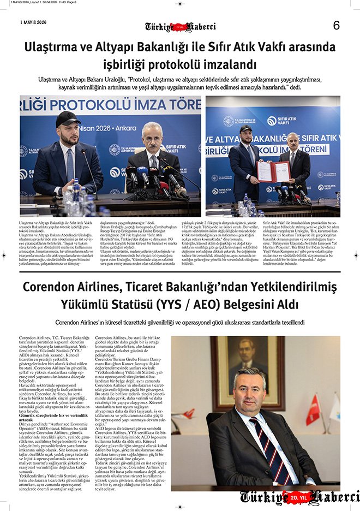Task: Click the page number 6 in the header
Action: click(x=336, y=25)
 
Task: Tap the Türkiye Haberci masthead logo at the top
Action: click(x=180, y=27)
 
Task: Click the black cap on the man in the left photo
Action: click(x=67, y=117)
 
